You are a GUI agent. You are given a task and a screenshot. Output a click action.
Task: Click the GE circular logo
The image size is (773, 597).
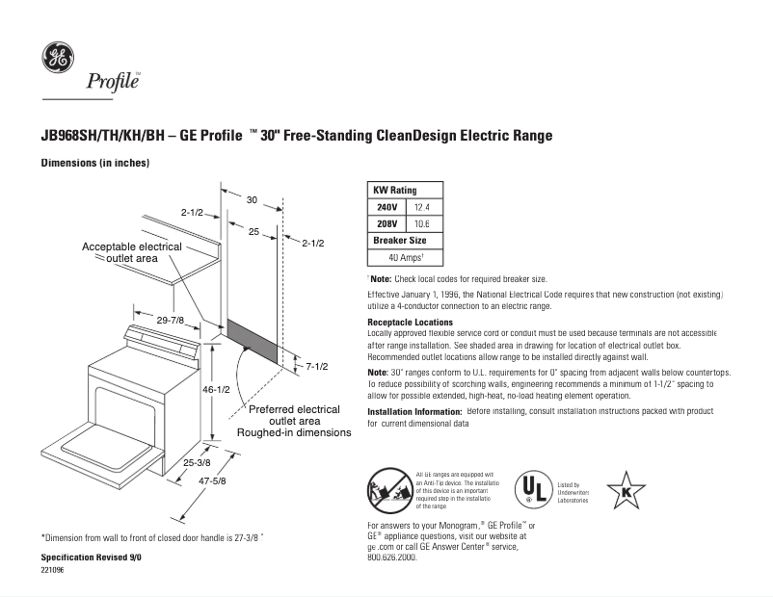pyautogui.click(x=58, y=59)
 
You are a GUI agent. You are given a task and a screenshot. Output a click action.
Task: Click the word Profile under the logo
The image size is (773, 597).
pyautogui.click(x=114, y=82)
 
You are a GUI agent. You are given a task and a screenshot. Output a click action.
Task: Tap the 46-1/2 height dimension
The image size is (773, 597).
pyautogui.click(x=217, y=391)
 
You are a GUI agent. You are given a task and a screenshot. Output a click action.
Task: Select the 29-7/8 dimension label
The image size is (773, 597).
pyautogui.click(x=171, y=320)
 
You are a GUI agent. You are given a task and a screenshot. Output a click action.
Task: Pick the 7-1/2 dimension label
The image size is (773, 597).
pyautogui.click(x=317, y=366)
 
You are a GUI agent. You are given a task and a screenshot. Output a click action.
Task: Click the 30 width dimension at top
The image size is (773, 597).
pyautogui.click(x=252, y=200)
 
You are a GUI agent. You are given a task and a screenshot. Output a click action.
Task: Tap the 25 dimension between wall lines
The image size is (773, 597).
pyautogui.click(x=253, y=232)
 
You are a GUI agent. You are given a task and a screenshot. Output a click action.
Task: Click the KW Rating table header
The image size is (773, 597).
pyautogui.click(x=395, y=191)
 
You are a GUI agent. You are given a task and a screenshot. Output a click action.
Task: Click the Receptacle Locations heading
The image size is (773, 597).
pyautogui.click(x=410, y=322)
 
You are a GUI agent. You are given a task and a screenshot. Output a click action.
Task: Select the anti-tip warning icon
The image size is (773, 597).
pyautogui.click(x=388, y=489)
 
